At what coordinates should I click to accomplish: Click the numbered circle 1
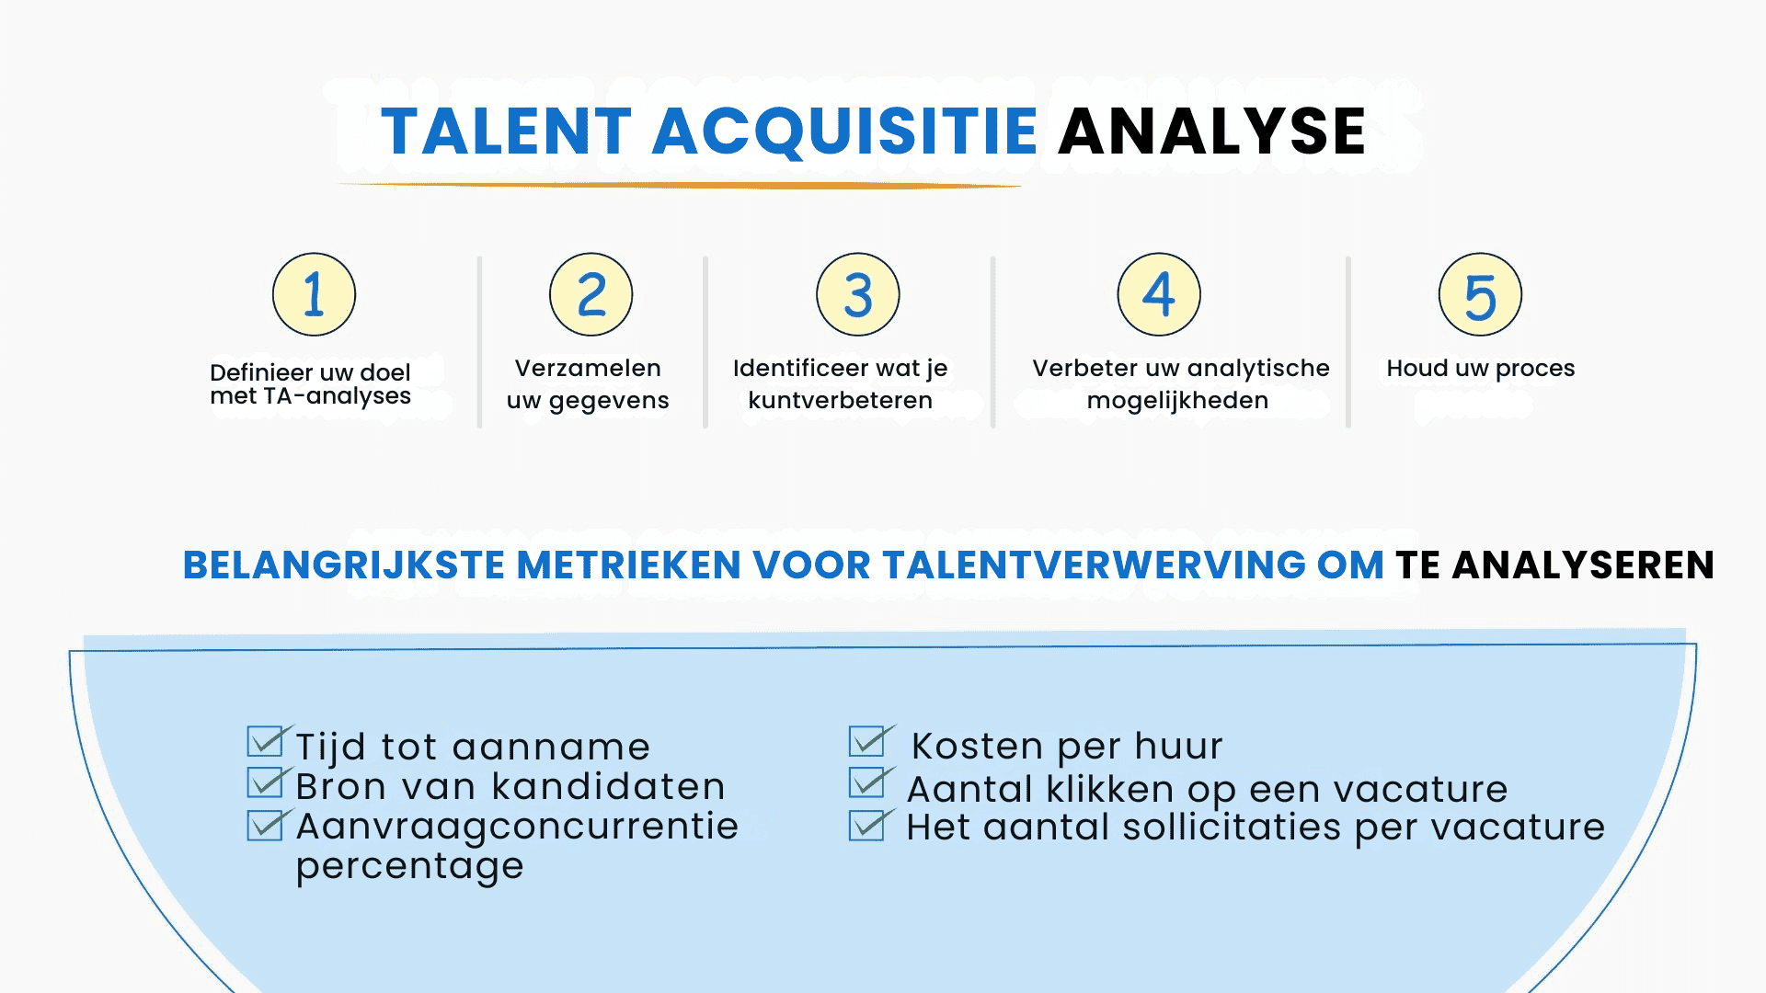click(314, 294)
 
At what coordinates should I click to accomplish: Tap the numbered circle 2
click(591, 294)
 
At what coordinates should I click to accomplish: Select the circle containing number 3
click(857, 294)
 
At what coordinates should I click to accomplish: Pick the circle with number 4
click(1158, 294)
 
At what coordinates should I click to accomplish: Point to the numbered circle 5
click(1480, 294)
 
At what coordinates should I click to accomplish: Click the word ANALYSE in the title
click(1211, 131)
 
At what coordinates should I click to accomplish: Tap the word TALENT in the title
click(506, 131)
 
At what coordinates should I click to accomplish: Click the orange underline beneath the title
click(681, 186)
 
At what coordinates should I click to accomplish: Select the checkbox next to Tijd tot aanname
click(266, 741)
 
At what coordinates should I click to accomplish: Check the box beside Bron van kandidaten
click(266, 782)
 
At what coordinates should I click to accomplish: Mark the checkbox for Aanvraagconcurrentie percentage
click(266, 825)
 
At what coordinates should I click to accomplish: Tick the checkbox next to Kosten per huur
click(867, 741)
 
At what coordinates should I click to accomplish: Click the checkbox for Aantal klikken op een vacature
click(867, 782)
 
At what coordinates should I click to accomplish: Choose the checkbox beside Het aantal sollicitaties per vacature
click(867, 825)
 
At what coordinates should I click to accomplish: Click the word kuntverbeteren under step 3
click(840, 401)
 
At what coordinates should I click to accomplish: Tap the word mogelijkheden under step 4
click(1177, 401)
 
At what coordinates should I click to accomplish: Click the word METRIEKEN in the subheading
click(628, 565)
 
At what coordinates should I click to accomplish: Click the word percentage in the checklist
click(409, 866)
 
